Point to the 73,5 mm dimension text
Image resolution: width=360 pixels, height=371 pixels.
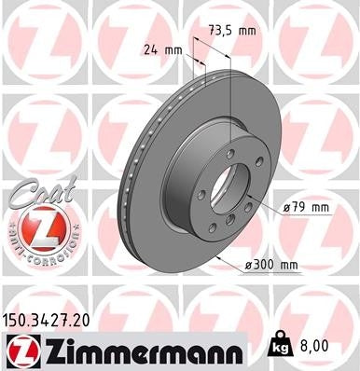click(x=233, y=30)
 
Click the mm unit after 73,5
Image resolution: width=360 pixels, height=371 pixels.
click(x=246, y=30)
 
